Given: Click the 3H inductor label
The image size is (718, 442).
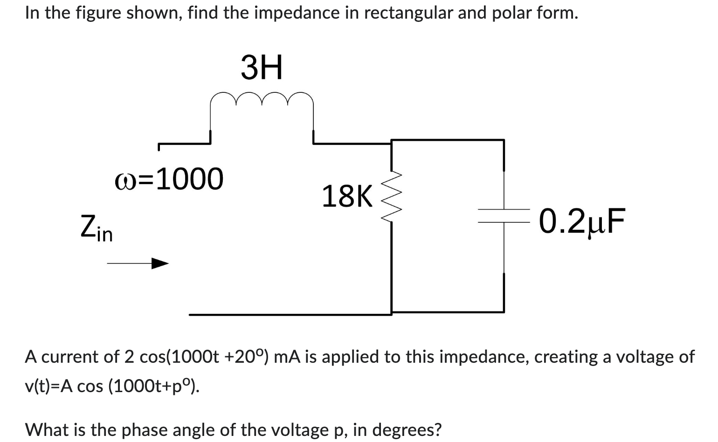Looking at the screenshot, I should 262,68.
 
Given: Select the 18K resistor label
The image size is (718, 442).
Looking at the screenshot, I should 347,196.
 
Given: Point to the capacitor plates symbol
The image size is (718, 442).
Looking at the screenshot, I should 503,219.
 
